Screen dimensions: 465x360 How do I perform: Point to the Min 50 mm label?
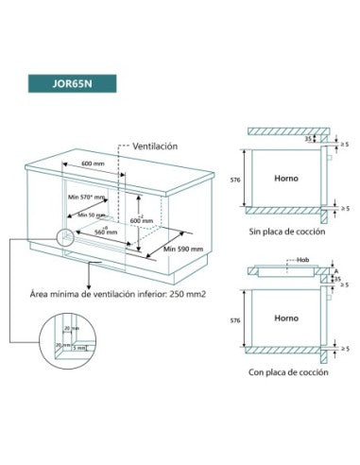[x=89, y=215]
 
